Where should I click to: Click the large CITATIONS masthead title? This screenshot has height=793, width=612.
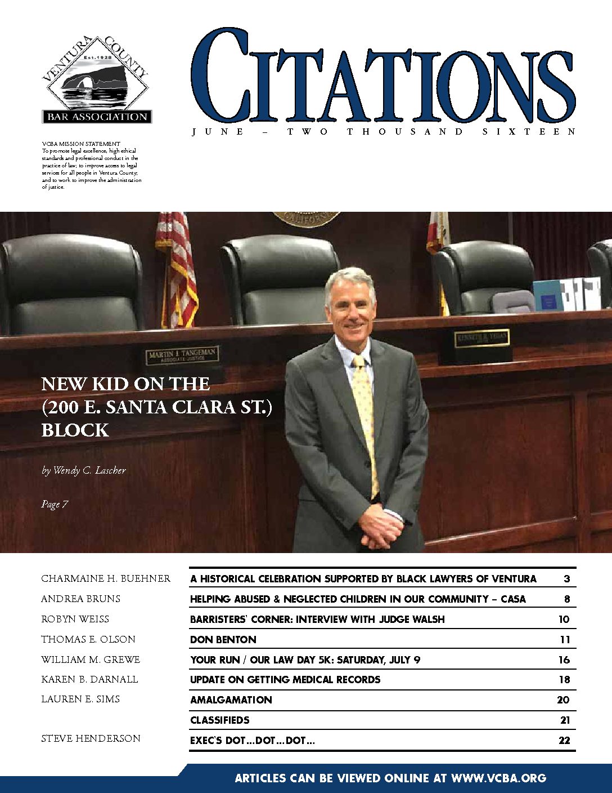382,76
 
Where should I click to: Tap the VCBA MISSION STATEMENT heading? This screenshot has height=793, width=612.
81,144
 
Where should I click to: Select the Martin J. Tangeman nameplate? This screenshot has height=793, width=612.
182,355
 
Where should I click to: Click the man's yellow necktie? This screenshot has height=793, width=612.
364,417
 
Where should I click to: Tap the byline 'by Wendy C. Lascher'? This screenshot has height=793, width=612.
84,470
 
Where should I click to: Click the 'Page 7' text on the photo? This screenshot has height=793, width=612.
55,504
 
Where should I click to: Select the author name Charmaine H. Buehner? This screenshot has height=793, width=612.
106,578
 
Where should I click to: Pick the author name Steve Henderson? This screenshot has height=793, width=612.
91,738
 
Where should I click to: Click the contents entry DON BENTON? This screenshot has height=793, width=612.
223,639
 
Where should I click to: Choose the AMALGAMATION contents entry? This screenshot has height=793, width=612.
231,700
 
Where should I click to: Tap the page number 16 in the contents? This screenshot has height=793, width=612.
564,660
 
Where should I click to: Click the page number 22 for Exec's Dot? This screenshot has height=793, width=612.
564,741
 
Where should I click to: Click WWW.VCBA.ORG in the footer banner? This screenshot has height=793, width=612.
498,778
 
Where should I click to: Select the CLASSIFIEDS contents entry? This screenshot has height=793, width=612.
220,720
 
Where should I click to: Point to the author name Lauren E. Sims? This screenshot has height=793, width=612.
80,699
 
